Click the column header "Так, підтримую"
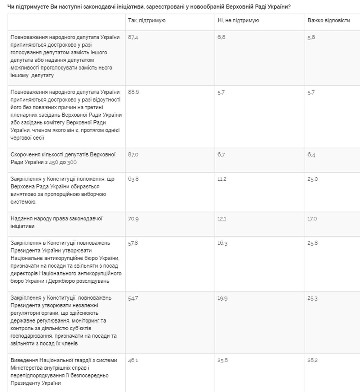click(147, 20)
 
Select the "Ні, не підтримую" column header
click(238, 20)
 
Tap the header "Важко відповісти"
click(329, 20)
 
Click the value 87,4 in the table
click(134, 37)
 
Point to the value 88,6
click(134, 92)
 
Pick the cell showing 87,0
click(134, 155)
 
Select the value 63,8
click(134, 179)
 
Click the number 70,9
click(134, 219)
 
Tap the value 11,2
click(222, 179)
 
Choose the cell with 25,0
click(312, 179)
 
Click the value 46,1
click(133, 360)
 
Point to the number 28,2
click(312, 360)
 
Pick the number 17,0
click(312, 219)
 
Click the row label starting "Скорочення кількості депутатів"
click(63, 158)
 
